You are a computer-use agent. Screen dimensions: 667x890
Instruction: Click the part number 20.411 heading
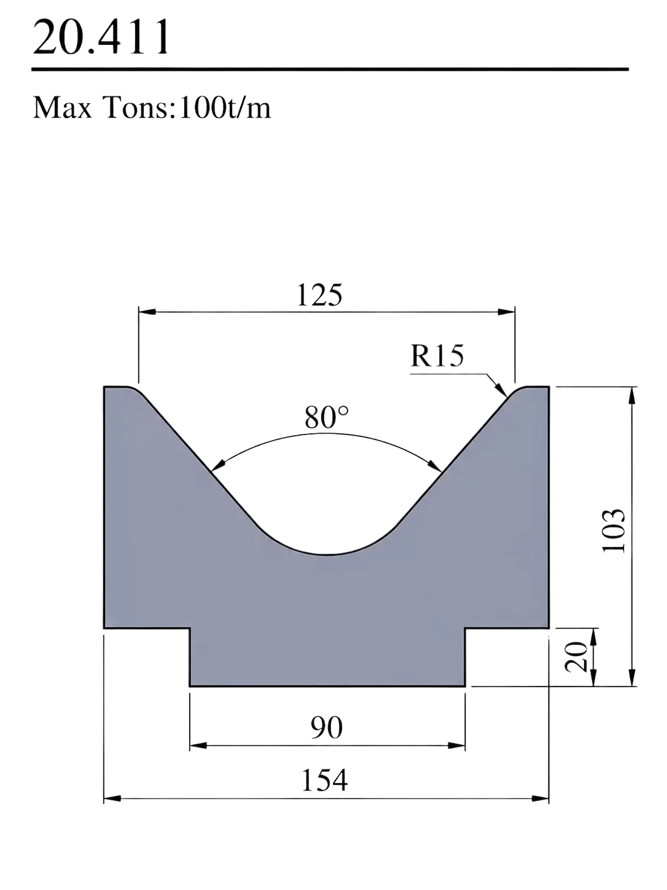pos(101,37)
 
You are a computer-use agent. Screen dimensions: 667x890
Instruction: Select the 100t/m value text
pos(225,108)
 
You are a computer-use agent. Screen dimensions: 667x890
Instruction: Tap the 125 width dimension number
pos(319,295)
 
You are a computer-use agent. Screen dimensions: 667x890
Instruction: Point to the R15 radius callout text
pos(437,356)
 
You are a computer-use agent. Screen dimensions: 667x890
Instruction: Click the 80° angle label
pos(326,417)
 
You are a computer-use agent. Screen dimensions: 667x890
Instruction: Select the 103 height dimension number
pos(614,530)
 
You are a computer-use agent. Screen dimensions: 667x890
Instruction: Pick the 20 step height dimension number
pos(576,657)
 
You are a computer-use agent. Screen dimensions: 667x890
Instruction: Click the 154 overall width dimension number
pos(324,780)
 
